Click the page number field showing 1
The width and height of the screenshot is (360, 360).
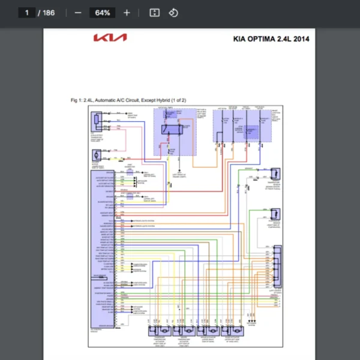[26, 13]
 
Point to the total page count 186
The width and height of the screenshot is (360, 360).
[48, 13]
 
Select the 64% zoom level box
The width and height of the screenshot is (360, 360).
[102, 13]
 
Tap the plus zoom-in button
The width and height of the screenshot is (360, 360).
[127, 13]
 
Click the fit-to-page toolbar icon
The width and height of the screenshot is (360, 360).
[154, 13]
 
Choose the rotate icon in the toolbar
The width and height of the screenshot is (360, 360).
[173, 13]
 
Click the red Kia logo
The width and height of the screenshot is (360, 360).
[110, 38]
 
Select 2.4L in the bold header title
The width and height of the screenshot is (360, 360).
[283, 40]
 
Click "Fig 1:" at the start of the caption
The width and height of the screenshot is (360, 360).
[76, 100]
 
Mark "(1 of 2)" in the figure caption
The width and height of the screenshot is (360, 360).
[179, 100]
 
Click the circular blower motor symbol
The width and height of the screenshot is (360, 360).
[95, 155]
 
